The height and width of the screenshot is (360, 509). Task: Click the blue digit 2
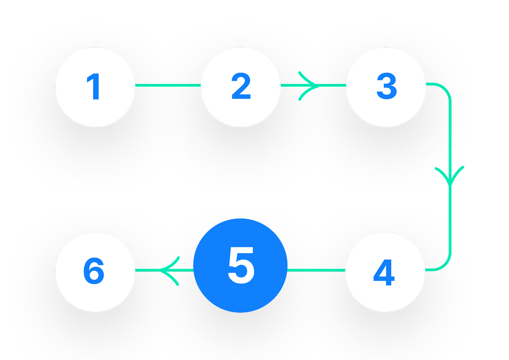241,87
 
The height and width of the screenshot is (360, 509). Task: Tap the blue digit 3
386,87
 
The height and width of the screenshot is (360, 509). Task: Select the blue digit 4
384,273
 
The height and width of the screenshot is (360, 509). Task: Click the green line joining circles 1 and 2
168,85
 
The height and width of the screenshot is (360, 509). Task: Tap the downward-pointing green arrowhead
450,174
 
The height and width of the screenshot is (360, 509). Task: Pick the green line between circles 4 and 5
316,270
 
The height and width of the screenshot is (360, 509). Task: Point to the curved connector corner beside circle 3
444,90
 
